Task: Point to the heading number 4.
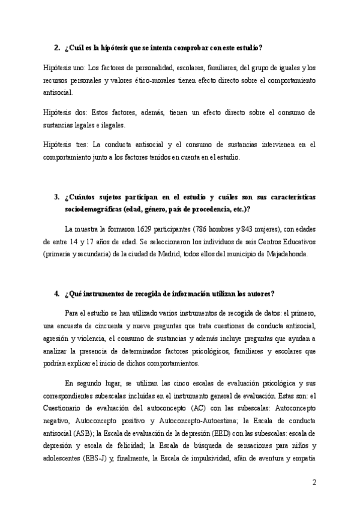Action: point(56,294)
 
